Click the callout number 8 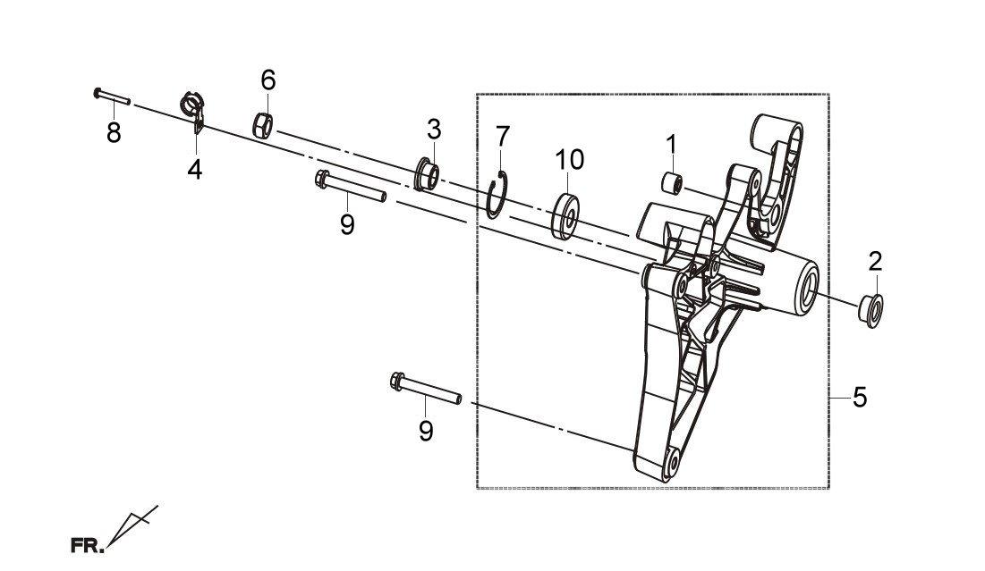pos(114,132)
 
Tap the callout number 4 pos(195,169)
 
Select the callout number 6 pos(268,80)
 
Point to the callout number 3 pos(434,130)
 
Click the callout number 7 pos(503,136)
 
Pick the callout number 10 pos(569,159)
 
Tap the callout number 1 pos(671,145)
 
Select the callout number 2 pos(876,261)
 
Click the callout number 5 pos(860,397)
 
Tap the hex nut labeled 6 pos(264,124)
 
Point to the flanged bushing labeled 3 pos(426,175)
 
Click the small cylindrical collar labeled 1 pos(672,183)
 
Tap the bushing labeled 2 pos(870,310)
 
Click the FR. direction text pos(88,545)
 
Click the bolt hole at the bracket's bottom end pos(674,463)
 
